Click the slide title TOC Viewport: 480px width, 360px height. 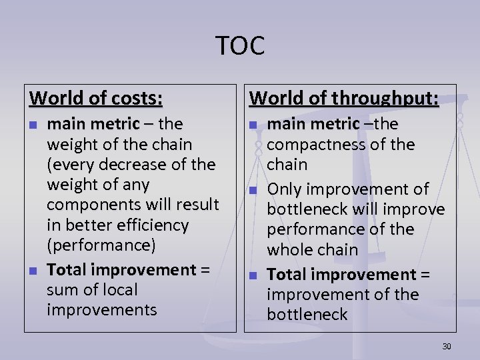(x=240, y=45)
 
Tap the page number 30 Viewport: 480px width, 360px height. (x=447, y=346)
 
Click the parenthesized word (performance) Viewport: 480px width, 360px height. (x=101, y=245)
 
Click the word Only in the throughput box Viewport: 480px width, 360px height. (x=283, y=189)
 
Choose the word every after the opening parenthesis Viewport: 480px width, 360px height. (x=71, y=164)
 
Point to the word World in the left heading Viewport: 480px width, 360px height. (x=55, y=99)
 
